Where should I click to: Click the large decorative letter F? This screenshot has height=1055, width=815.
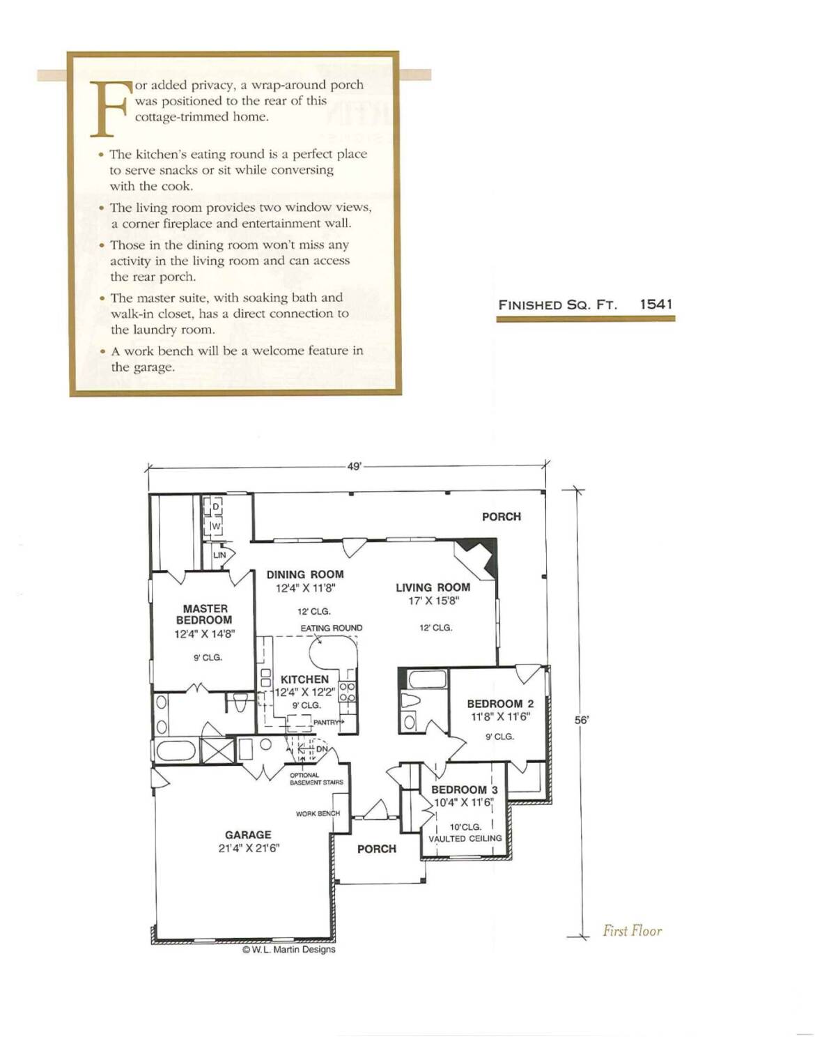[110, 109]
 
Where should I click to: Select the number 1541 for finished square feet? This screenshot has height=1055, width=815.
[656, 305]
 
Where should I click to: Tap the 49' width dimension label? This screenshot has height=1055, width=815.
[354, 466]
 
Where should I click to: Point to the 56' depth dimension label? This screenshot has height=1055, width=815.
[581, 721]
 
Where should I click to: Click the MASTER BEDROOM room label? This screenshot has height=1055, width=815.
[204, 614]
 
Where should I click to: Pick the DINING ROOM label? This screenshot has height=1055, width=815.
[305, 574]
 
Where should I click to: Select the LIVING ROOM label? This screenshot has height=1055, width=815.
[433, 587]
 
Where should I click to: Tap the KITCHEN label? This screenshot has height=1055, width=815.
[304, 679]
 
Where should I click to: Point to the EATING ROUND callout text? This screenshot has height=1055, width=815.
[332, 628]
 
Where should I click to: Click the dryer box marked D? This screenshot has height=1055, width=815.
[212, 507]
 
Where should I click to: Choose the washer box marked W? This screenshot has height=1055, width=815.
[212, 526]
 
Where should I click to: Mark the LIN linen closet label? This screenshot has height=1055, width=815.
[219, 555]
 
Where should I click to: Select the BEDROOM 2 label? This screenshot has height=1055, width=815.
[500, 704]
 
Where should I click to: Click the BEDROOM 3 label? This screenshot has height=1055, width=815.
[464, 790]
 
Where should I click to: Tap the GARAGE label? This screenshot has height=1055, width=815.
[248, 835]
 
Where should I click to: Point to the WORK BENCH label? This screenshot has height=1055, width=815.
[318, 813]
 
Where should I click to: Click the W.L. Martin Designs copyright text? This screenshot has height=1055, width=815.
[288, 949]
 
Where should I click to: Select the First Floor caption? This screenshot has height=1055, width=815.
[632, 931]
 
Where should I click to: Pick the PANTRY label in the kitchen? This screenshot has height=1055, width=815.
[325, 722]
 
